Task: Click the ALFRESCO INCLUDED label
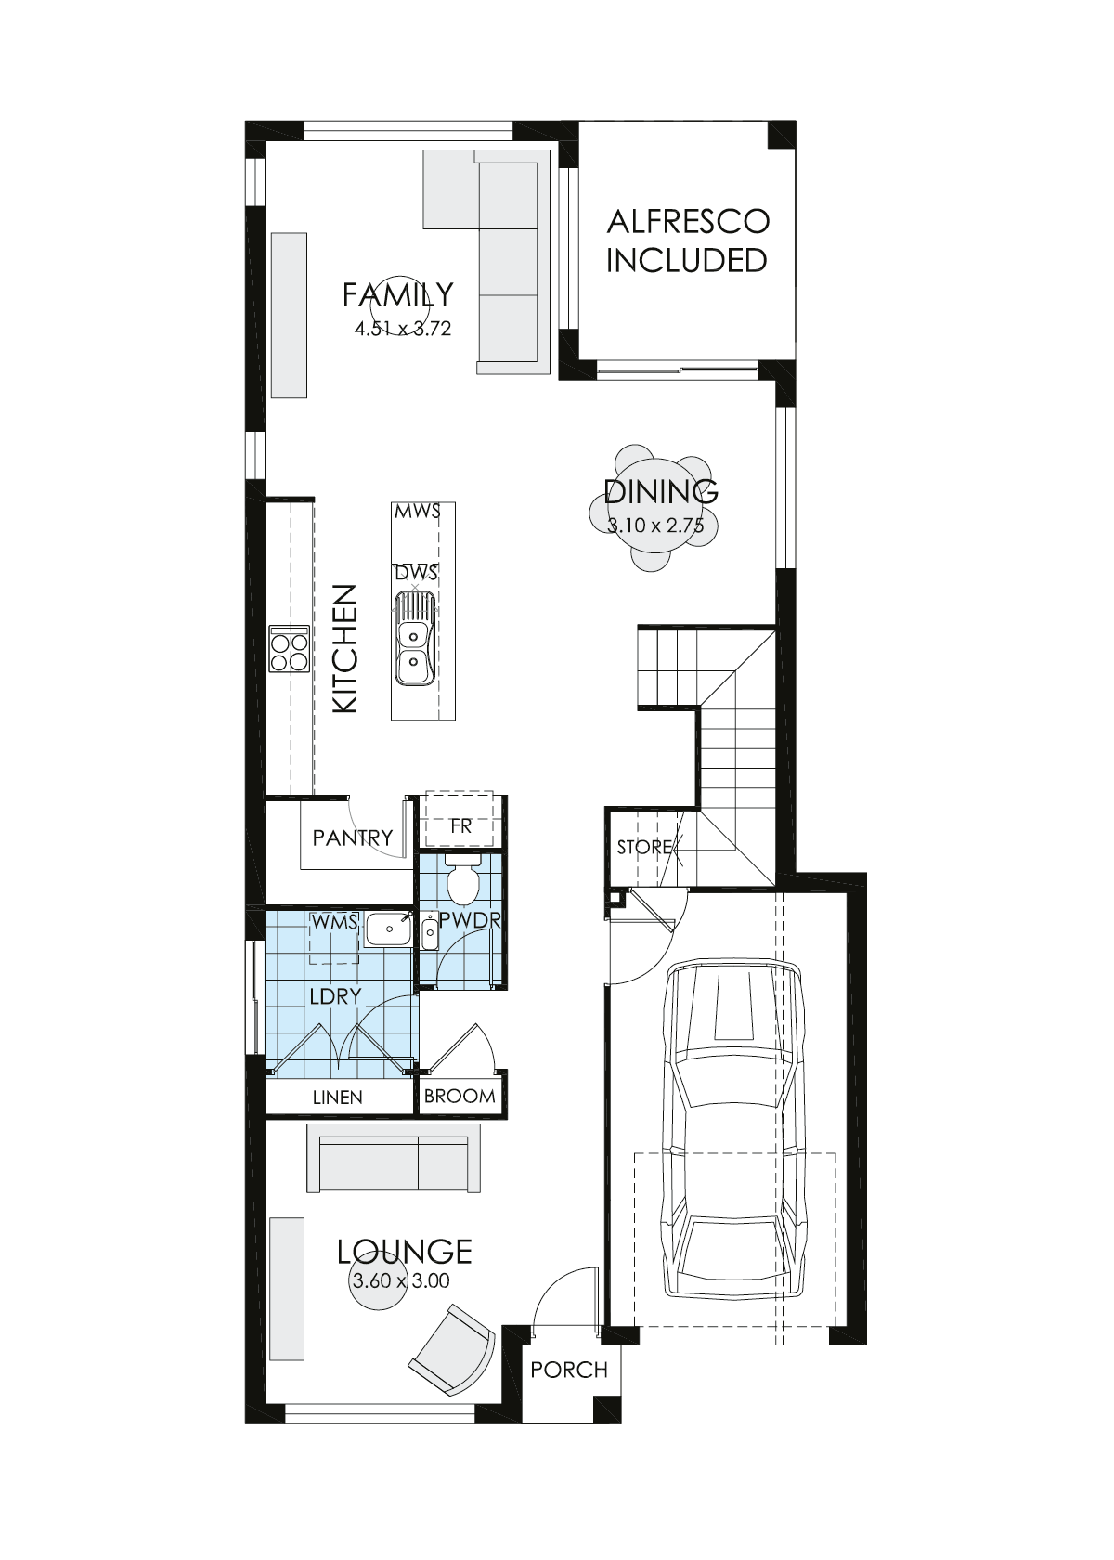pyautogui.click(x=687, y=240)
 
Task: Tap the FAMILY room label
pyautogui.click(x=397, y=294)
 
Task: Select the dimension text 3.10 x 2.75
pyautogui.click(x=655, y=526)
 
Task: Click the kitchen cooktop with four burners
pyautogui.click(x=289, y=648)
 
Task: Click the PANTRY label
pyautogui.click(x=352, y=838)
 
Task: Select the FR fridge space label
pyautogui.click(x=460, y=825)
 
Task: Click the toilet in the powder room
pyautogui.click(x=461, y=881)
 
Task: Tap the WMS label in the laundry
pyautogui.click(x=335, y=922)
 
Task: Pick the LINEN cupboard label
pyautogui.click(x=338, y=1098)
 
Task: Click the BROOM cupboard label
pyautogui.click(x=460, y=1096)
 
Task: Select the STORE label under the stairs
pyautogui.click(x=643, y=847)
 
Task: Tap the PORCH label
pyautogui.click(x=569, y=1370)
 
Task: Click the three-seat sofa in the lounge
pyautogui.click(x=394, y=1158)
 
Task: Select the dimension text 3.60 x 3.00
pyautogui.click(x=400, y=1281)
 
